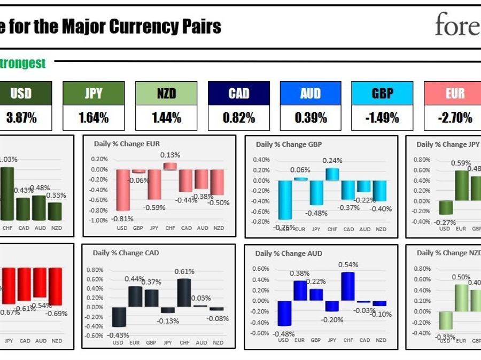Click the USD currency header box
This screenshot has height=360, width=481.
point(21,93)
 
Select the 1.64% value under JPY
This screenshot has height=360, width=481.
point(94,118)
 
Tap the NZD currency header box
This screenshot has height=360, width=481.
point(166,93)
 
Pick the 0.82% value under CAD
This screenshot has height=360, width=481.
point(239,118)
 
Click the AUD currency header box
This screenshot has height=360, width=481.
point(311,93)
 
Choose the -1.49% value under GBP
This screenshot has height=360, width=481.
point(382,118)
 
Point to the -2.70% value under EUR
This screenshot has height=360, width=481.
point(455,118)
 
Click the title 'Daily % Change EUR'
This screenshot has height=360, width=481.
point(127,144)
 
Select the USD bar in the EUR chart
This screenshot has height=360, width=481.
point(123,190)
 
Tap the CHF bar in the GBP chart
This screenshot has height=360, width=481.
point(332,174)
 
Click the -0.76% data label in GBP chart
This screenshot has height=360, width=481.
point(284,226)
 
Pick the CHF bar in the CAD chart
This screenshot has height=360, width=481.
point(184,293)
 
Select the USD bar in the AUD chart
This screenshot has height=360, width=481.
point(284,313)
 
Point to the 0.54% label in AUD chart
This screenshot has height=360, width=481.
point(348,265)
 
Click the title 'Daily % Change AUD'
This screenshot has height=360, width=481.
point(289,253)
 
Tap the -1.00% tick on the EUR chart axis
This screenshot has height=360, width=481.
point(99,220)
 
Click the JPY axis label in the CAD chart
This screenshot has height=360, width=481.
point(167,343)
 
